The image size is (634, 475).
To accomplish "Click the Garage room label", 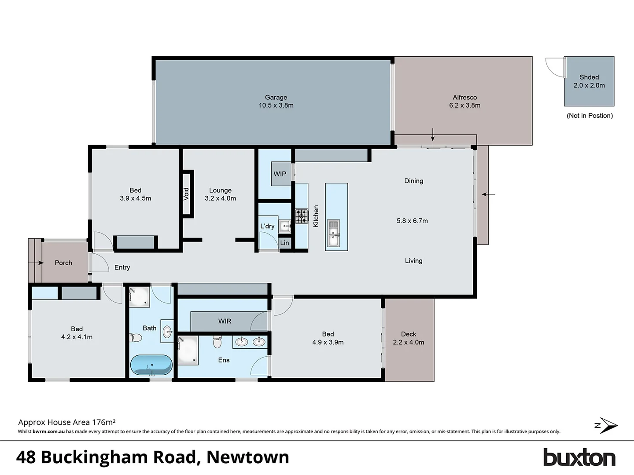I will point(276,98).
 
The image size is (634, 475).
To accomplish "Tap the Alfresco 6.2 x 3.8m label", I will point(464,101).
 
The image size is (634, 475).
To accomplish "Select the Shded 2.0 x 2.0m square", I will point(589,81).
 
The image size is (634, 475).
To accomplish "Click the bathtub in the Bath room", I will point(151,365).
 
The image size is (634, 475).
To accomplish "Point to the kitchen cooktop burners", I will point(302,216).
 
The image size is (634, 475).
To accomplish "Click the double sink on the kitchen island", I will point(334,233).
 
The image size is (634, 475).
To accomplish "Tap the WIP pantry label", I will point(280,174).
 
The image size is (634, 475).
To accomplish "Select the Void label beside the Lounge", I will point(186,194).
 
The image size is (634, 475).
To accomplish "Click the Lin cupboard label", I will point(285,243).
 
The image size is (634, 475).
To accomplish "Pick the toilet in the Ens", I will point(217,341).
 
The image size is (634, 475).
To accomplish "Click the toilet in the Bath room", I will point(136,338).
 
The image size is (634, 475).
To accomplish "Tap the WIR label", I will point(225,321).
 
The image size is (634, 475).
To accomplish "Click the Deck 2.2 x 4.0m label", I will point(409,338).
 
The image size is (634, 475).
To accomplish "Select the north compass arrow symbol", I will point(607,425).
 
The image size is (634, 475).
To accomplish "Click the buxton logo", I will point(579,458).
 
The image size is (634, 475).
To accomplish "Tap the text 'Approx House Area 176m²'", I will point(67,422).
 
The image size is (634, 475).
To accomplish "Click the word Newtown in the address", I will point(248,457).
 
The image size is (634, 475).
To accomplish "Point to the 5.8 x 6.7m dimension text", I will point(412,221).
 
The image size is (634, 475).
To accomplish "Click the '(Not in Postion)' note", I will point(590,116).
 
